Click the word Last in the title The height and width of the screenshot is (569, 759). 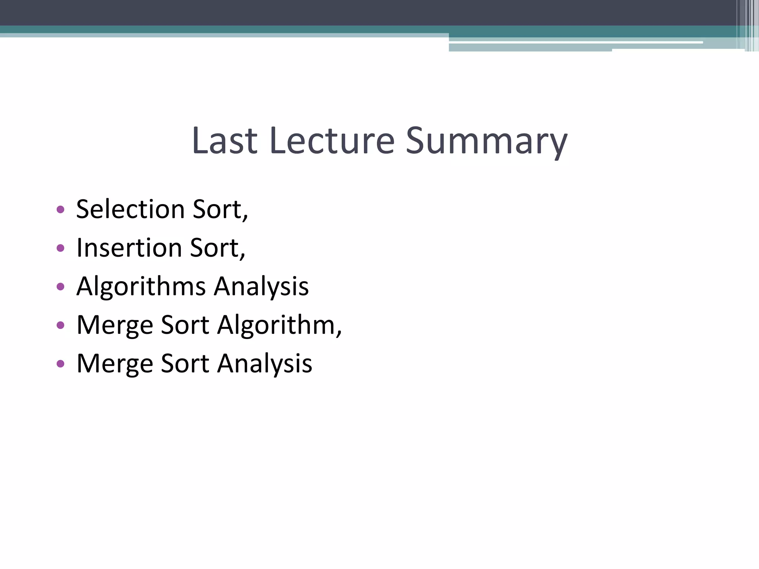coord(225,141)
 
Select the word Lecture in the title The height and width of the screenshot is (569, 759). coord(332,141)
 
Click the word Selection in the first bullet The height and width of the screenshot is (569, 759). coord(130,209)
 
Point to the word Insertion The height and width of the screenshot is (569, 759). coord(129,248)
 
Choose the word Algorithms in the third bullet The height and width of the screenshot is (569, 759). coord(141,287)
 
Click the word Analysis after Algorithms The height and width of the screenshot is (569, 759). coord(261,287)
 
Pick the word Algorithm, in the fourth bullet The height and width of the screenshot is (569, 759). coord(279,326)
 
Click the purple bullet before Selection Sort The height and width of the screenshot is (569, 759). coord(60,210)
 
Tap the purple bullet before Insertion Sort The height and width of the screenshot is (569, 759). coord(60,248)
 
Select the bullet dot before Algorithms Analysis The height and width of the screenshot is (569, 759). coord(60,286)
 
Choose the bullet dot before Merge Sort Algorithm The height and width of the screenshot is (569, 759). coord(60,325)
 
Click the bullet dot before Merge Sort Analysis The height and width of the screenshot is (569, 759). coord(60,363)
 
